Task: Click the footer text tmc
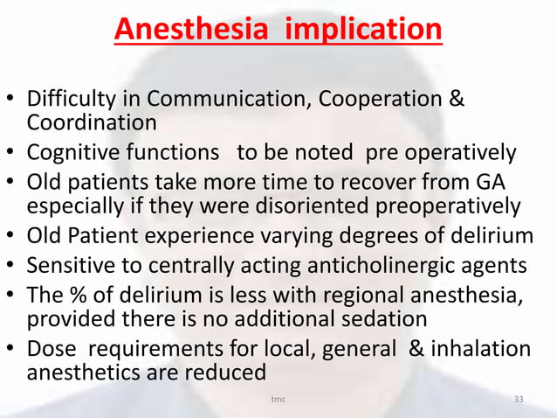278,399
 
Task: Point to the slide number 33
519,399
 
